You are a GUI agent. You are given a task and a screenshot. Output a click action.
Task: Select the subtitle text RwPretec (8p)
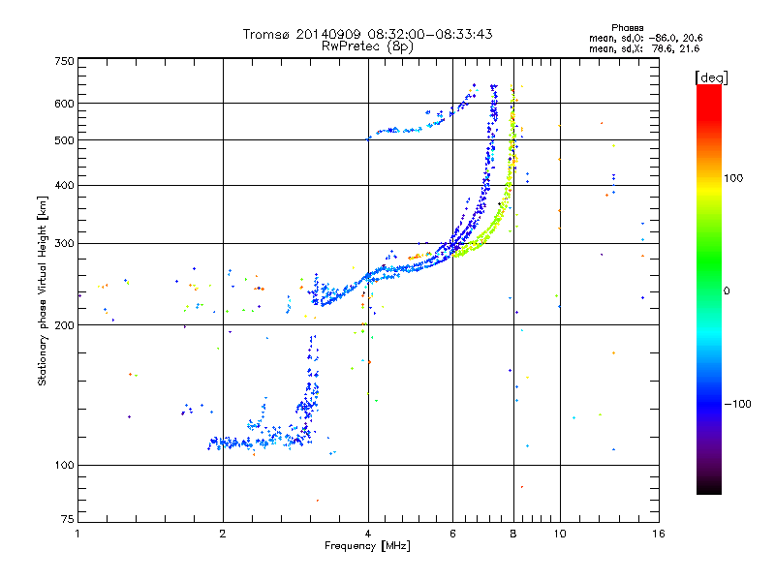click(x=367, y=46)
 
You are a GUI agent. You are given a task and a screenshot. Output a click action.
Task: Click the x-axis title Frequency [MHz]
click(x=367, y=547)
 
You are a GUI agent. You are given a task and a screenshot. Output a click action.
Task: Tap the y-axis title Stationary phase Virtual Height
click(x=43, y=290)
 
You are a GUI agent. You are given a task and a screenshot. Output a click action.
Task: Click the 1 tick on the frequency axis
click(x=77, y=534)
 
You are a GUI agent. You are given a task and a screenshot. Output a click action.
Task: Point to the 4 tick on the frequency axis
click(x=367, y=534)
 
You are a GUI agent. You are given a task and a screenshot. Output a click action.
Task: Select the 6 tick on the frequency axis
click(x=452, y=534)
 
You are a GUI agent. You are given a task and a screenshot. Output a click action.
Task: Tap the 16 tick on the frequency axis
click(x=656, y=534)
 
